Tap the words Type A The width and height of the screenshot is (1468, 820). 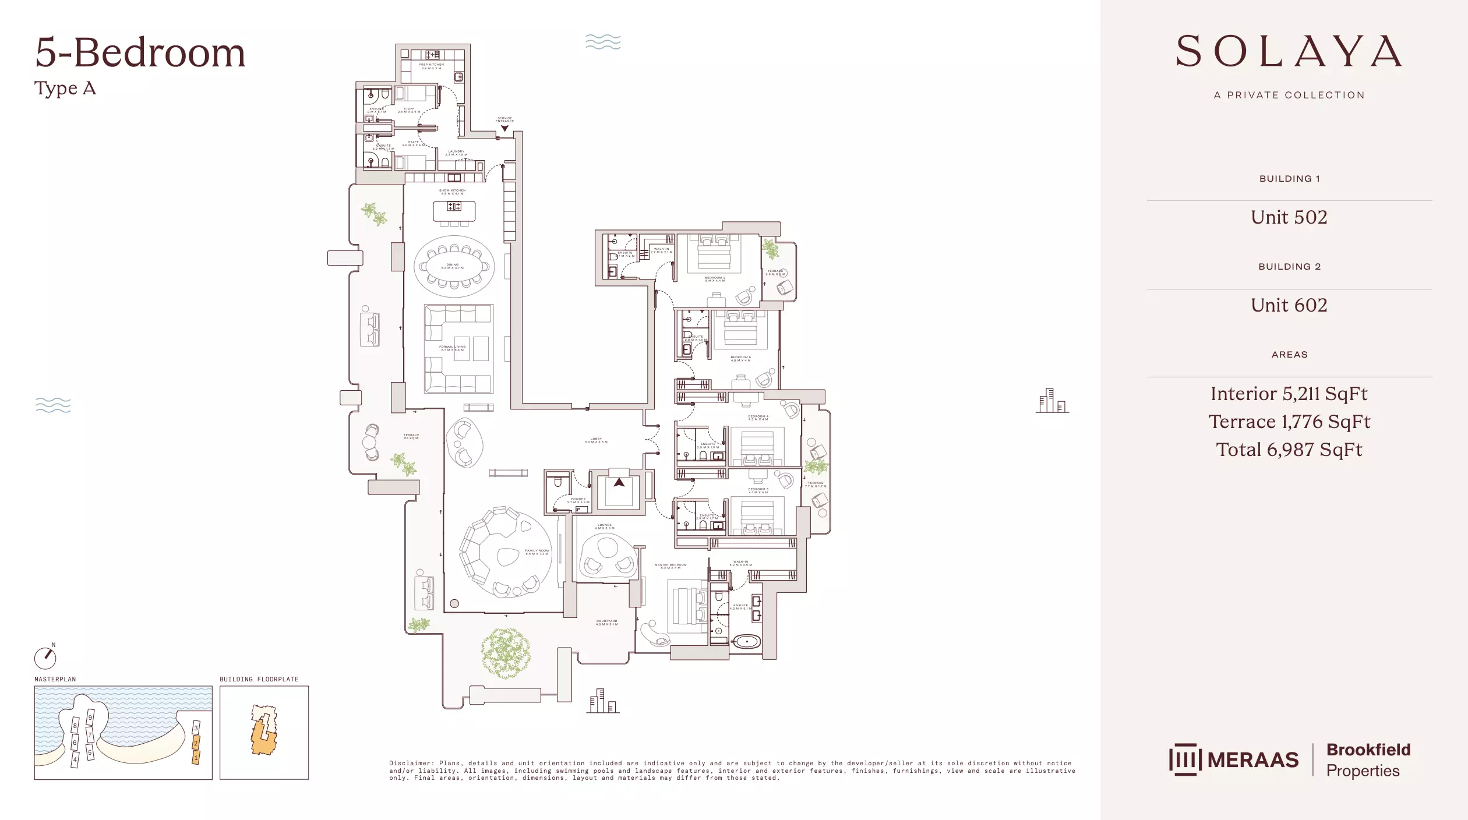coord(65,89)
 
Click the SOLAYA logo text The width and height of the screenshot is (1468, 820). coord(1289,52)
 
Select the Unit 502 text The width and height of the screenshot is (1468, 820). coord(1289,217)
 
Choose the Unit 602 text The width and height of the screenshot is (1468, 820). coord(1289,305)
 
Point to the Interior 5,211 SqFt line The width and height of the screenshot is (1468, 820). coord(1289,394)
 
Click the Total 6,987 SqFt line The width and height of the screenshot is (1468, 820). coord(1289,450)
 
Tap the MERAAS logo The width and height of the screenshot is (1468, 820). coord(1234,759)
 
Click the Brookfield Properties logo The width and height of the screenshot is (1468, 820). coord(1368,760)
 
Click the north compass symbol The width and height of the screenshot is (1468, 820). coord(45,658)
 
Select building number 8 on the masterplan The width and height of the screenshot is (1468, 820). coord(75,726)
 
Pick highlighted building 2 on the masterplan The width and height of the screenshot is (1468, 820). coord(196,743)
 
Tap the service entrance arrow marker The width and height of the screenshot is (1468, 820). coord(504,129)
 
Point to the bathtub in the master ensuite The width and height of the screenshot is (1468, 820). coord(746,642)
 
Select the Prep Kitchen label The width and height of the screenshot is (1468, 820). coord(432,66)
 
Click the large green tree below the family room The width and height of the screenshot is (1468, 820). coord(505,652)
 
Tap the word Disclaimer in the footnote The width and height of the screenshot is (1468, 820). coord(411,763)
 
